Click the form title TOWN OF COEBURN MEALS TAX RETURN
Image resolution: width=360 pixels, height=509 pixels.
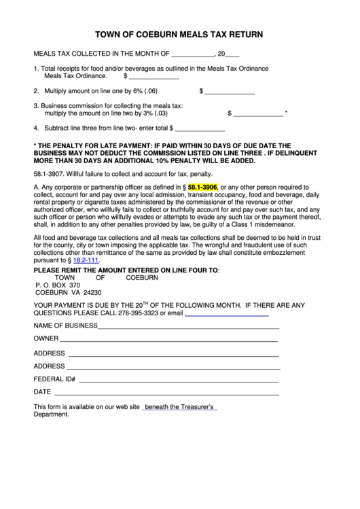click(x=179, y=33)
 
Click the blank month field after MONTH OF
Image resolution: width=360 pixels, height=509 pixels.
click(x=192, y=54)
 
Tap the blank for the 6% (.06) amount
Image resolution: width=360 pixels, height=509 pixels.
click(x=230, y=92)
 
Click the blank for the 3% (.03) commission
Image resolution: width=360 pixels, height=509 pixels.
click(x=259, y=115)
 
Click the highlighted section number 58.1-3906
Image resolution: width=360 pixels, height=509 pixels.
click(x=202, y=186)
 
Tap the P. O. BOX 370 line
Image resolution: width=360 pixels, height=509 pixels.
click(x=58, y=285)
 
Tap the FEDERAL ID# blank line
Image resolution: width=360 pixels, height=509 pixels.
click(x=179, y=379)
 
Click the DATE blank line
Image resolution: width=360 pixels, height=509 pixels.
click(x=166, y=392)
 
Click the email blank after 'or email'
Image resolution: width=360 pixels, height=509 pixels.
click(x=227, y=313)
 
